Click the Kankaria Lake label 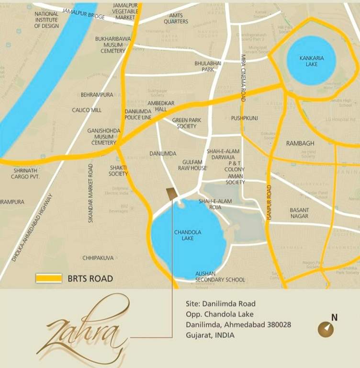click(x=311, y=61)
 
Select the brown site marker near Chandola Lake click(x=171, y=194)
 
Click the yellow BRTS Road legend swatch click(x=49, y=278)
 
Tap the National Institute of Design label click(x=46, y=20)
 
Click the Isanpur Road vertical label click(x=269, y=203)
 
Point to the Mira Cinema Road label click(x=243, y=77)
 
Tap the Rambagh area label click(x=300, y=143)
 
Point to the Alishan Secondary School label click(x=220, y=276)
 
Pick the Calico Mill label click(x=87, y=110)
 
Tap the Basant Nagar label click(x=299, y=213)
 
